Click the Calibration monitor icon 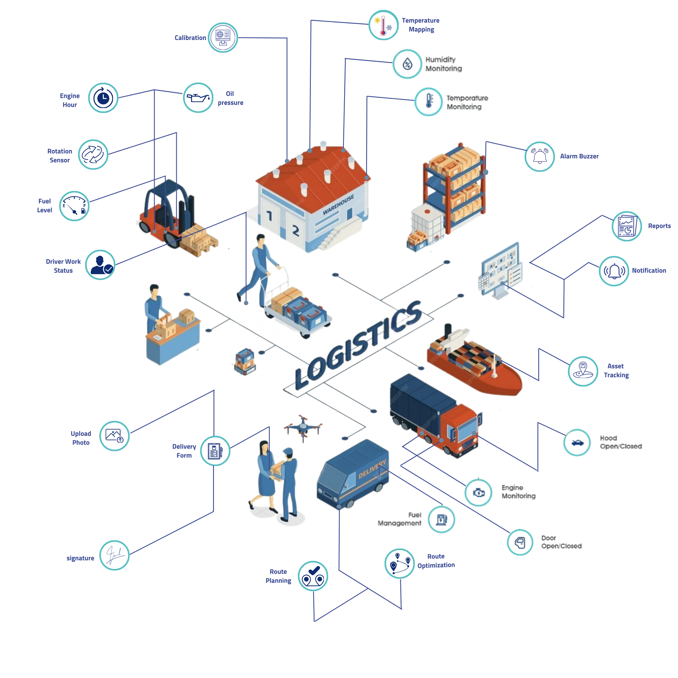223,38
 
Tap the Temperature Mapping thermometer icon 383,25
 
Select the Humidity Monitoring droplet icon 407,64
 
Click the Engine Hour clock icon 103,98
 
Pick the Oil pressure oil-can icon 198,97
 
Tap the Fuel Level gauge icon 74,206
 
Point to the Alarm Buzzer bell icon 540,157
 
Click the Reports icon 627,226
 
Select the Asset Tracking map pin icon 583,371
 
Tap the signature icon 114,555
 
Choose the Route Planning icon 313,576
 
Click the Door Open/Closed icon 520,542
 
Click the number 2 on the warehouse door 296,231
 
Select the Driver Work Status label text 63,266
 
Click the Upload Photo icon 114,436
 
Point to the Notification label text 649,271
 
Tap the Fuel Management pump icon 442,519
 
